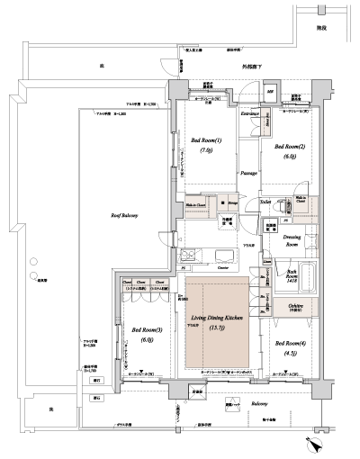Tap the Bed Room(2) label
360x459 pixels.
tap(290, 146)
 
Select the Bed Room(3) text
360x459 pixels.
tap(147, 329)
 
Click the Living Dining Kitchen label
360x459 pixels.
tap(217, 318)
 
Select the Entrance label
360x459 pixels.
tap(250, 114)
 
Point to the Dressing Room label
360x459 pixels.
tap(292, 240)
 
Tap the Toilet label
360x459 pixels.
tap(266, 202)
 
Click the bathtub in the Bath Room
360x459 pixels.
tap(306, 277)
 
